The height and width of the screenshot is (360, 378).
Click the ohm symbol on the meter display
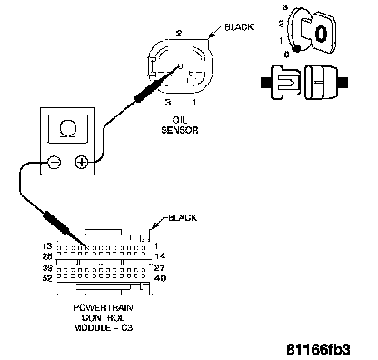[67, 128]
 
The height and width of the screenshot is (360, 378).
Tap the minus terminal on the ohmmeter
[55, 163]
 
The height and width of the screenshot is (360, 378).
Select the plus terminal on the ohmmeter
[81, 163]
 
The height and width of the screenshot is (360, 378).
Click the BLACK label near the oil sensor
[239, 27]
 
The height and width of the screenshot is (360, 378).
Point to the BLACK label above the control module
[183, 217]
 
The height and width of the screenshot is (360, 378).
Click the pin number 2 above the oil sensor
[179, 34]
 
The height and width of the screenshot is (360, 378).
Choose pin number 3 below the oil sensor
[168, 102]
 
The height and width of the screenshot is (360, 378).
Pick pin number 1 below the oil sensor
[194, 102]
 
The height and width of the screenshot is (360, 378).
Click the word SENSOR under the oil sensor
[180, 130]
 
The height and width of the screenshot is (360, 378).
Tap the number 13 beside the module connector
[47, 245]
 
